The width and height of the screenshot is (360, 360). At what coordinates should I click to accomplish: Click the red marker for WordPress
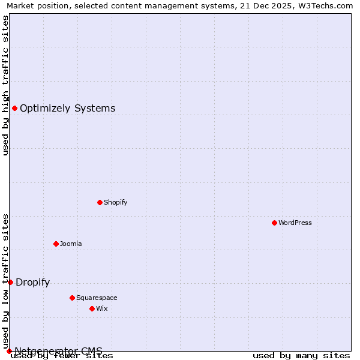pos(274,223)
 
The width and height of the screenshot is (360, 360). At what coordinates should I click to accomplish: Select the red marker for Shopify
pos(100,202)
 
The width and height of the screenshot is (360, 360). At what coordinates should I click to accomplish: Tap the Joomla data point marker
pos(56,244)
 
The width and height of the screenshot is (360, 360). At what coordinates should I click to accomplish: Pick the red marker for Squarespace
pos(72,298)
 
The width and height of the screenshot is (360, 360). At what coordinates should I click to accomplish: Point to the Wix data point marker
pos(92,308)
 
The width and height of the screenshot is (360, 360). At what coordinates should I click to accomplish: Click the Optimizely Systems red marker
pos(14,108)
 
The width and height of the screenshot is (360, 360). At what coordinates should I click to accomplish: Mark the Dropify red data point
pos(10,282)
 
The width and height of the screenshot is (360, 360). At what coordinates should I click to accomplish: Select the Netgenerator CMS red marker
pos(9,351)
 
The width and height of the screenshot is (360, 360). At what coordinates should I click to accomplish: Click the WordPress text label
pos(295,223)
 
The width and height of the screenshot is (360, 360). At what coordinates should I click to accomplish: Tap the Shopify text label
pos(116,202)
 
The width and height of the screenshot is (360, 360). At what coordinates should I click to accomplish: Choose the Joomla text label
pos(71,244)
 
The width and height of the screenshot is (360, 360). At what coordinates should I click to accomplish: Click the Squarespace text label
pos(97,298)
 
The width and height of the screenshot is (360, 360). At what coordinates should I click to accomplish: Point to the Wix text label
pos(102,308)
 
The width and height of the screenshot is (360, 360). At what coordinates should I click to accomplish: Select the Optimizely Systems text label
pos(68,109)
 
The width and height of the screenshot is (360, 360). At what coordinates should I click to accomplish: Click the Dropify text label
pos(33,283)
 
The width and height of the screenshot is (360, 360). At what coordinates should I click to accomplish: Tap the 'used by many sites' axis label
pos(301,356)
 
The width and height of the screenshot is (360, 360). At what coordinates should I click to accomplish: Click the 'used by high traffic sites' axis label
pos(6,85)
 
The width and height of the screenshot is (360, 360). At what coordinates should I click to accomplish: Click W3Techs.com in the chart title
pos(324,6)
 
